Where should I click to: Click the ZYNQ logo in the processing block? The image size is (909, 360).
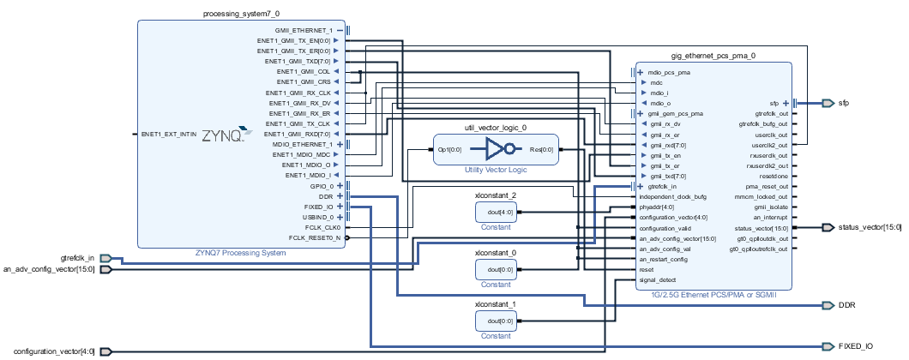pyautogui.click(x=227, y=135)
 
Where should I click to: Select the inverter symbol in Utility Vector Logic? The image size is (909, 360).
pyautogui.click(x=496, y=150)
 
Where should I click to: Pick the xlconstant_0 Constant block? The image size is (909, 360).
pyautogui.click(x=496, y=269)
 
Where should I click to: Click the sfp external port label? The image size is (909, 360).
pyautogui.click(x=843, y=103)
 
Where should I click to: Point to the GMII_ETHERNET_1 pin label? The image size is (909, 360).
pyautogui.click(x=310, y=30)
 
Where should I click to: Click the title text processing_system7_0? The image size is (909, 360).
pyautogui.click(x=241, y=14)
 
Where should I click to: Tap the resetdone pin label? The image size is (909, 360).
pyautogui.click(x=771, y=176)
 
